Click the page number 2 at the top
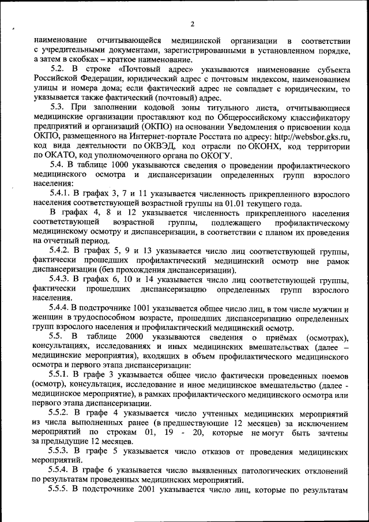pos(192,24)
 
